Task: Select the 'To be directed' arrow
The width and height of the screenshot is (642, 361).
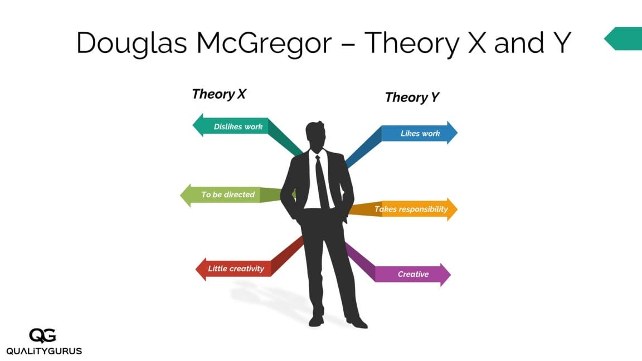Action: pos(223,195)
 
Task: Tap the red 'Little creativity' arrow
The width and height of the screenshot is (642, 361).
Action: pos(234,269)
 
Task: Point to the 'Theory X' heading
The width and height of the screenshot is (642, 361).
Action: pos(219,94)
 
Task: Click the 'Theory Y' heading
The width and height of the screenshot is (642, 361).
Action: pos(412,97)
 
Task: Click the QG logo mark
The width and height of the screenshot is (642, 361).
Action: pos(43,335)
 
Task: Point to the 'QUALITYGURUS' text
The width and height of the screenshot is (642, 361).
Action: pos(44,351)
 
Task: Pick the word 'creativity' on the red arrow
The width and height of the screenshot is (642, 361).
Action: pos(247,269)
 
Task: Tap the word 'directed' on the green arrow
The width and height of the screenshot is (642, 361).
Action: pos(240,195)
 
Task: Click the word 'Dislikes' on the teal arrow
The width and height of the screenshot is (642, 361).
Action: pos(228,126)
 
